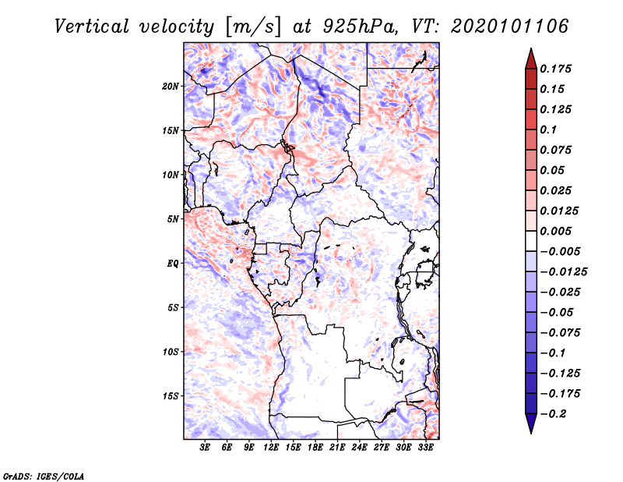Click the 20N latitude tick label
click(x=171, y=86)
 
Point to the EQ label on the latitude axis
click(x=173, y=264)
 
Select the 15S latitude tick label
click(x=171, y=396)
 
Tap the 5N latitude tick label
click(x=173, y=219)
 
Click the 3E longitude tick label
click(x=206, y=448)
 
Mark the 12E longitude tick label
click(x=272, y=448)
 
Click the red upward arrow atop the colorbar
click(x=530, y=57)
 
